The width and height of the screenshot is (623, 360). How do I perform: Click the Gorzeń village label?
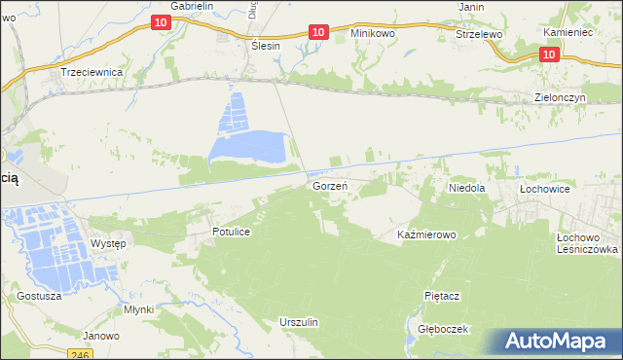pos(330,185)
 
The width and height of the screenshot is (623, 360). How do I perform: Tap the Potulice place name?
pos(233,233)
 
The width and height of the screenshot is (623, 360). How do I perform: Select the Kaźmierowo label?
pos(426,234)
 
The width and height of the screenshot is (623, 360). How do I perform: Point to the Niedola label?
pos(466,187)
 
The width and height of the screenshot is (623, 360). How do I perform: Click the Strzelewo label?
pos(478,33)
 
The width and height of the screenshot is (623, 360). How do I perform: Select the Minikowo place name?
pos(373,33)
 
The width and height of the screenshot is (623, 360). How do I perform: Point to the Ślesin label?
pos(265,46)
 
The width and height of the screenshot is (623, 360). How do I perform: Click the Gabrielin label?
pos(191,6)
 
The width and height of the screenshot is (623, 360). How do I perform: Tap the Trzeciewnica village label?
pos(90,73)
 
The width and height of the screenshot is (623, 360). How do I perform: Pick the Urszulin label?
pos(299,321)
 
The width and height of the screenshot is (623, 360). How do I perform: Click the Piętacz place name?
pos(441,294)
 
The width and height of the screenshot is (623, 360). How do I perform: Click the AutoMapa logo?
pos(556,341)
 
